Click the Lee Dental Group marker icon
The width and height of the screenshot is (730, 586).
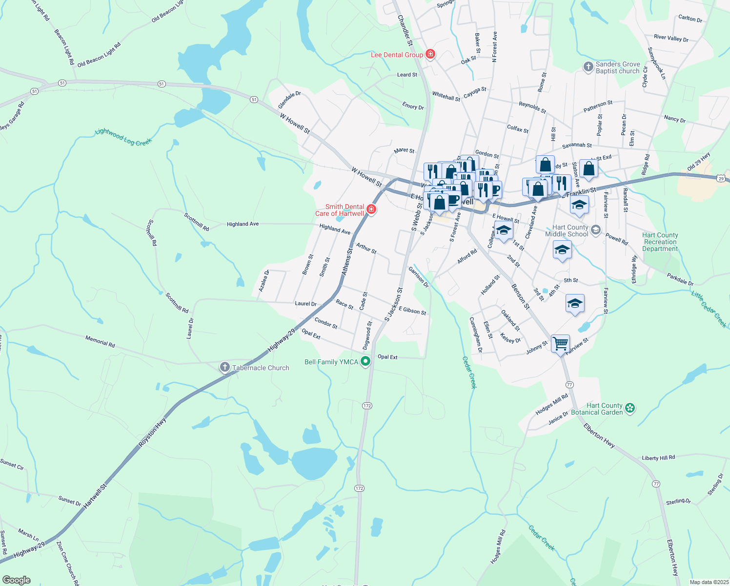(x=430, y=54)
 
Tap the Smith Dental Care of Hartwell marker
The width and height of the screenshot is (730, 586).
(x=371, y=210)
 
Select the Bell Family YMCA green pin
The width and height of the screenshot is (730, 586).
(x=365, y=362)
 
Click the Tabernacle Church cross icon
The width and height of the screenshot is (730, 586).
(x=224, y=367)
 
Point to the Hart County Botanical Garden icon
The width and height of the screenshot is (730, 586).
(x=630, y=408)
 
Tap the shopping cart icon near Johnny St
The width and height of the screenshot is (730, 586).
(x=560, y=343)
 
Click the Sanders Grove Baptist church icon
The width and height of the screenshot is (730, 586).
(x=588, y=67)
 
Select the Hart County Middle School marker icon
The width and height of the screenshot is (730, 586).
(x=595, y=230)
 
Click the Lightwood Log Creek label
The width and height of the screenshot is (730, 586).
(x=123, y=137)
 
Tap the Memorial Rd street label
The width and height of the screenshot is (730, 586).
(x=100, y=341)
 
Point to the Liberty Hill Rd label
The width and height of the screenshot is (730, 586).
(x=658, y=458)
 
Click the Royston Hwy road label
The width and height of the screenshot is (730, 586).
(x=153, y=431)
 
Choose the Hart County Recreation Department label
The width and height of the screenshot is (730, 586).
(x=660, y=242)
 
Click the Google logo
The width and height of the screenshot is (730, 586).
(x=16, y=580)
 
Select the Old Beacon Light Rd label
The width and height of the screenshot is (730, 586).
(x=99, y=55)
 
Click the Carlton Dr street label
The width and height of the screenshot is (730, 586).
(x=690, y=19)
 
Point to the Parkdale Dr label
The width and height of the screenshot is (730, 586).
(x=680, y=279)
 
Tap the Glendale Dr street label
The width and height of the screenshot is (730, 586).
(x=289, y=100)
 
